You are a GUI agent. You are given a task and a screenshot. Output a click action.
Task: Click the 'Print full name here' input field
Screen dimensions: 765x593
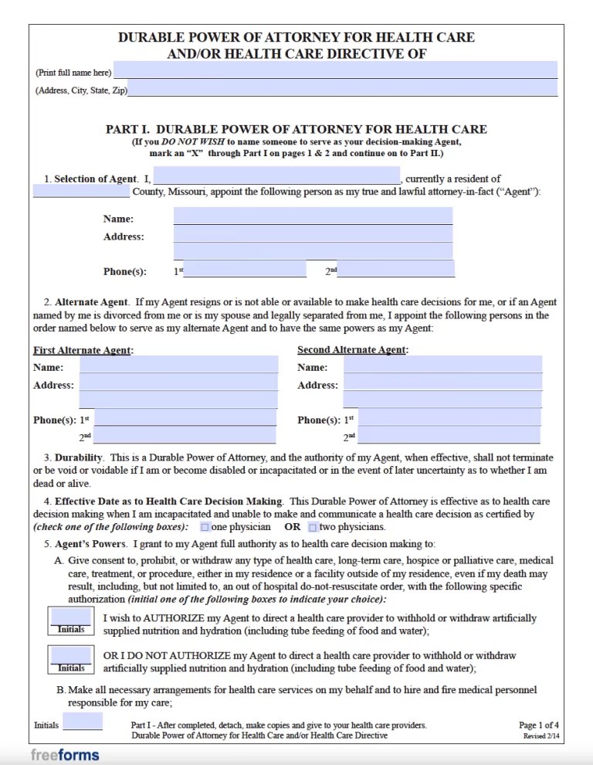[335, 70]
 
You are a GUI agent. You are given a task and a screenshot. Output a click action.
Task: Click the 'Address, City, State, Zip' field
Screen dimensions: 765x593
[342, 89]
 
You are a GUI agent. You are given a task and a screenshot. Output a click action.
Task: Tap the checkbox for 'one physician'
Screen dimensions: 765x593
[205, 527]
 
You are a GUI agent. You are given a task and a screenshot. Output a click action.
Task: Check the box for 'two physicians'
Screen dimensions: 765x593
[313, 527]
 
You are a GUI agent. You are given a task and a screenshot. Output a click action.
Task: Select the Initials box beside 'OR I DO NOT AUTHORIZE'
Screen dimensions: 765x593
[71, 658]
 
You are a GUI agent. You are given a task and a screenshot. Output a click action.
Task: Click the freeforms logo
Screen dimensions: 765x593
[65, 754]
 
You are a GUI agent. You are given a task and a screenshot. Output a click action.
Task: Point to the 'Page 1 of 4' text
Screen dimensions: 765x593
[539, 725]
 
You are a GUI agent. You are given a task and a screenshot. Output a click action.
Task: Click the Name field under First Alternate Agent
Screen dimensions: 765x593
[178, 365]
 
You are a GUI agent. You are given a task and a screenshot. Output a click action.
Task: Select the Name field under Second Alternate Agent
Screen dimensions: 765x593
[442, 365]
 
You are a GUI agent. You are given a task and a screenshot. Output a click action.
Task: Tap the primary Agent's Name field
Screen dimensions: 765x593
[313, 216]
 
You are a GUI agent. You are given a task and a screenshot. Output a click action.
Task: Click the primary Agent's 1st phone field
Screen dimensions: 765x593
[245, 270]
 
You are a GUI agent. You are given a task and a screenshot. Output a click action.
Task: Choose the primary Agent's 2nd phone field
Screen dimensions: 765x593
[396, 270]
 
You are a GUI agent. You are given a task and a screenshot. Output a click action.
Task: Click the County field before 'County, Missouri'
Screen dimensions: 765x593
[81, 192]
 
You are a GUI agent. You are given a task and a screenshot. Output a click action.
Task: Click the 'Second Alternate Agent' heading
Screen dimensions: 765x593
[352, 350]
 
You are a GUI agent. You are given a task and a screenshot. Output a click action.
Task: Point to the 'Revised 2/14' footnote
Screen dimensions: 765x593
[540, 737]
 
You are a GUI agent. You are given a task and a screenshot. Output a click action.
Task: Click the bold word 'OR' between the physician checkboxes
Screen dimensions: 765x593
[292, 527]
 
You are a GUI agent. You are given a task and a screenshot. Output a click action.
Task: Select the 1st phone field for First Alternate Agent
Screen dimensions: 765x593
[185, 418]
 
